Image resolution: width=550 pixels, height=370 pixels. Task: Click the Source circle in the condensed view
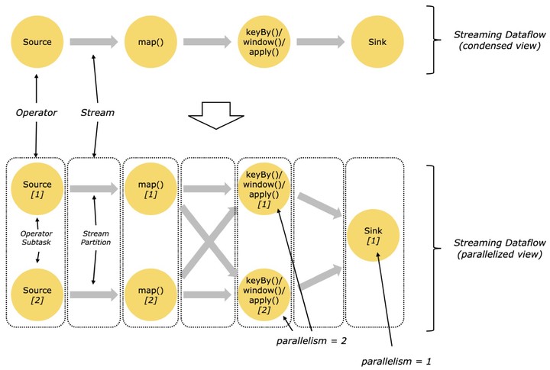37,42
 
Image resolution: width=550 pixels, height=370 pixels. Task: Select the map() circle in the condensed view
150,42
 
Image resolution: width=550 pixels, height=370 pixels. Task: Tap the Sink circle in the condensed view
377,42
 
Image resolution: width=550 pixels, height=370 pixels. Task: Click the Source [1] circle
37,189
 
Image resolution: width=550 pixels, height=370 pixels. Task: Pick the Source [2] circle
37,294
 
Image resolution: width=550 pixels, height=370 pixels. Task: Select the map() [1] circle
150,189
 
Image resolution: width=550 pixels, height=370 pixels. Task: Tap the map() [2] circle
150,294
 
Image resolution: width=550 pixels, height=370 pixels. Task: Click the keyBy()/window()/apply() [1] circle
264,189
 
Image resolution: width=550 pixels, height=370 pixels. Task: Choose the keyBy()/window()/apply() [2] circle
264,294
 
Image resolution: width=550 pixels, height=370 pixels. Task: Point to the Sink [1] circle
374,235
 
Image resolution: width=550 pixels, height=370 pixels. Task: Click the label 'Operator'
37,113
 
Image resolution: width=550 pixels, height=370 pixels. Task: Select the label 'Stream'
98,112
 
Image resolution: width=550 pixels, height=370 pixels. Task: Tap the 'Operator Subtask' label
36,238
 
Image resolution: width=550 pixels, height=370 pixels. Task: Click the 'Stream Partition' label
95,238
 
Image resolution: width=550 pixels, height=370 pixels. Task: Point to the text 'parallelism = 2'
312,341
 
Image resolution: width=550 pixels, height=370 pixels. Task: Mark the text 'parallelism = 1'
396,362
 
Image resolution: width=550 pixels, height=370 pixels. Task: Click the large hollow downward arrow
216,116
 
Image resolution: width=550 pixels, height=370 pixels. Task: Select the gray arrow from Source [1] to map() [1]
94,189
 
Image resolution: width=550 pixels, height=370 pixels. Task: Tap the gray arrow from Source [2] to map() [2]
94,294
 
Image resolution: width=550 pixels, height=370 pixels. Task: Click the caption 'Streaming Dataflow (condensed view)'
500,40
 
